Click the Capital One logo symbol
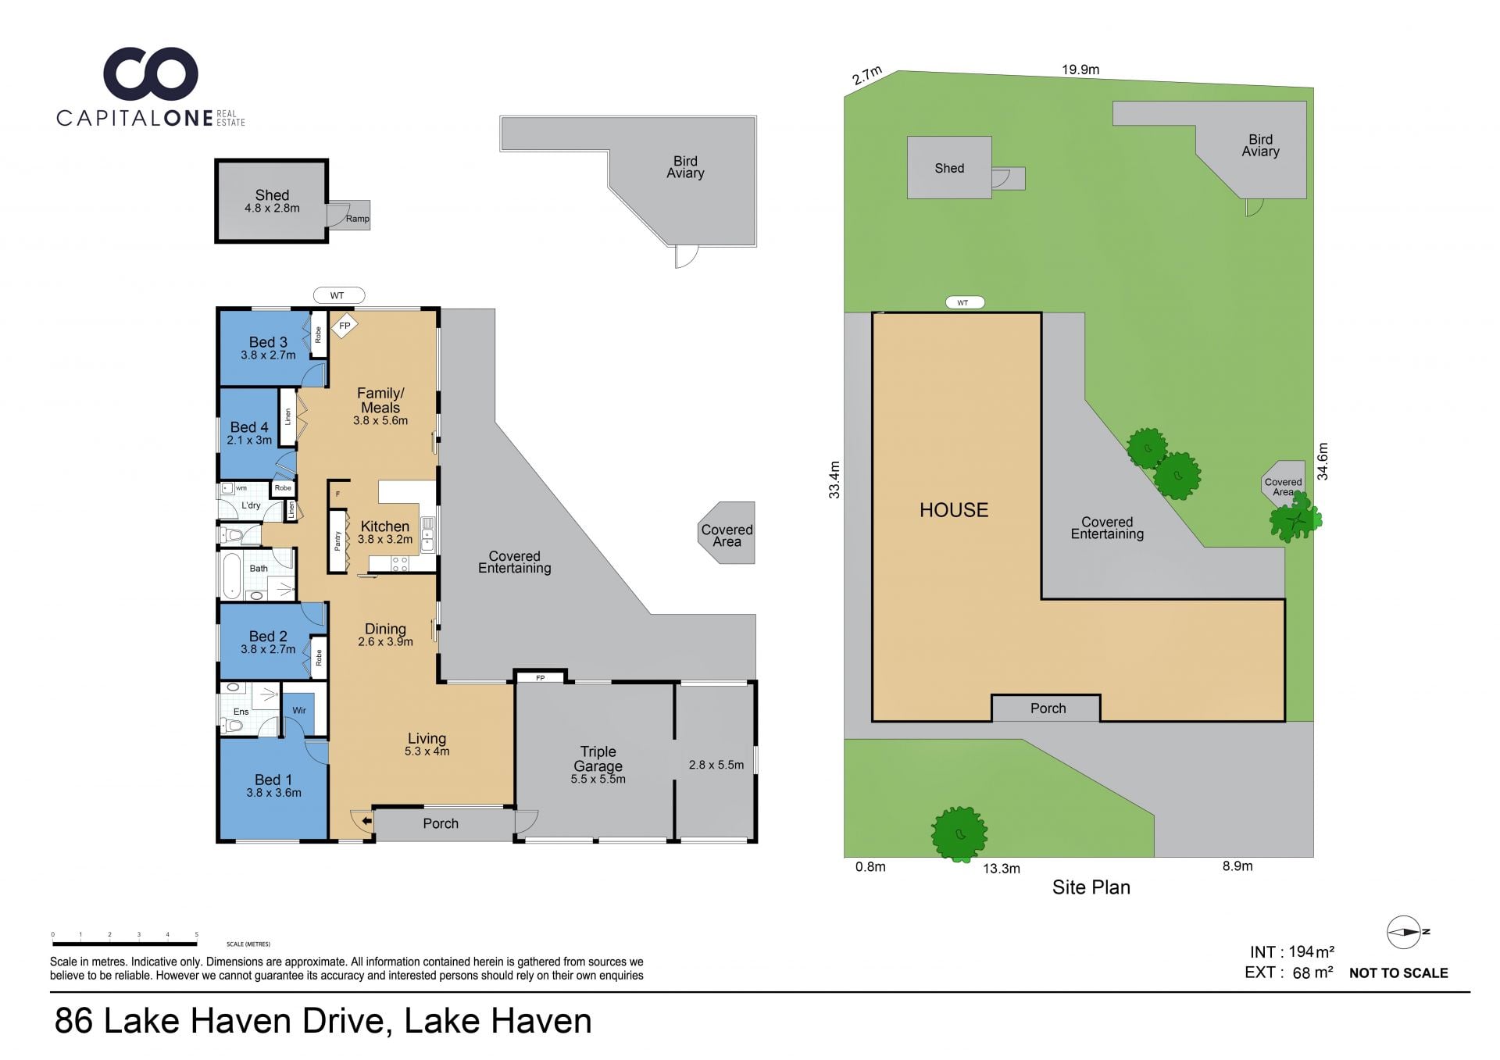click(x=151, y=76)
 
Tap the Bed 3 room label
click(x=268, y=342)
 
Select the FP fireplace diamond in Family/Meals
click(x=345, y=326)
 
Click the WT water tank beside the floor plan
click(x=339, y=295)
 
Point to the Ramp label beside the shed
click(x=357, y=219)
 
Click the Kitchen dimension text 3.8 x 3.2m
click(x=385, y=539)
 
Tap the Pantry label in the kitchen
click(x=337, y=540)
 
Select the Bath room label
click(x=259, y=569)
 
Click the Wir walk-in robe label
click(x=299, y=710)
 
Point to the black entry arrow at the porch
click(x=366, y=821)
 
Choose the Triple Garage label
click(x=598, y=758)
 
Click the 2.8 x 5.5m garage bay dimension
click(x=716, y=765)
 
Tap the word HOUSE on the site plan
click(x=954, y=510)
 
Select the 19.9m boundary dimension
click(x=1080, y=70)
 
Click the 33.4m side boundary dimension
click(x=834, y=480)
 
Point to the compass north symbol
click(x=1405, y=932)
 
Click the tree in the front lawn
click(x=959, y=834)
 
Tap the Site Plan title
click(x=1091, y=887)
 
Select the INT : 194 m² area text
click(x=1292, y=952)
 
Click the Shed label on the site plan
click(x=949, y=168)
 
